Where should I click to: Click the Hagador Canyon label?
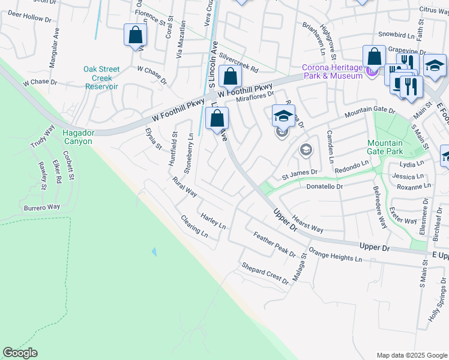(79, 137)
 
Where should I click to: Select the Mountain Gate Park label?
(385, 147)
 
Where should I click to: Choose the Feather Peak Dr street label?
(274, 244)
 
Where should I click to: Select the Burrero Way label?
(42, 207)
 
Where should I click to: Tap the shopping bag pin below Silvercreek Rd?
(230, 76)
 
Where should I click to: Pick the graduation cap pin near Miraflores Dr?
(284, 116)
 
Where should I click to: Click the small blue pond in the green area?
(154, 252)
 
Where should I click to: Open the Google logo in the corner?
(20, 353)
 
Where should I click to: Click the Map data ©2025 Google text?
(411, 355)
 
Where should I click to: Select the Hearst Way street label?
(307, 225)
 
